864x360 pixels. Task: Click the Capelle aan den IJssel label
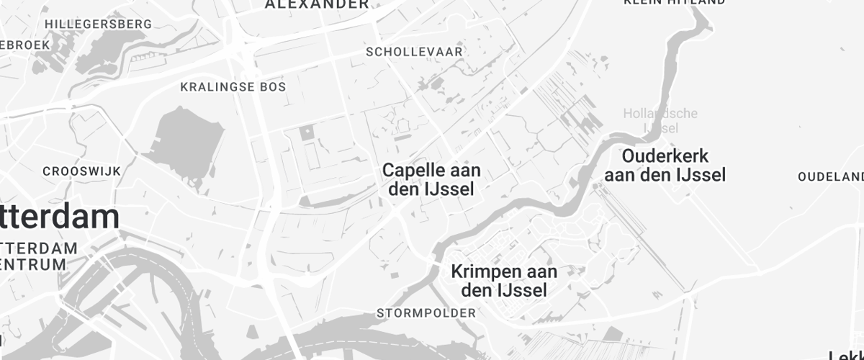click(431, 180)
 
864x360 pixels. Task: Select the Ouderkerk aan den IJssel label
click(665, 166)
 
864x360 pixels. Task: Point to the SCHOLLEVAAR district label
click(414, 52)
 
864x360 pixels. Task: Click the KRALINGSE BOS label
click(233, 87)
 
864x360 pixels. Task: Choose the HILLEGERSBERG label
click(98, 24)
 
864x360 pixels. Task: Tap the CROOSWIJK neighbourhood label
click(81, 171)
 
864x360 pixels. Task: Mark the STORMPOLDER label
click(426, 313)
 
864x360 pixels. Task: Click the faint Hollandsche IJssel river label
click(660, 120)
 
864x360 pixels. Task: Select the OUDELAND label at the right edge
click(831, 177)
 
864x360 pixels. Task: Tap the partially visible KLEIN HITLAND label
click(674, 3)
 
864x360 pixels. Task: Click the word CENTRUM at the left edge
click(33, 264)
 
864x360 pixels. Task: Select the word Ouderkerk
click(665, 156)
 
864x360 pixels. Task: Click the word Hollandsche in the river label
click(660, 114)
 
